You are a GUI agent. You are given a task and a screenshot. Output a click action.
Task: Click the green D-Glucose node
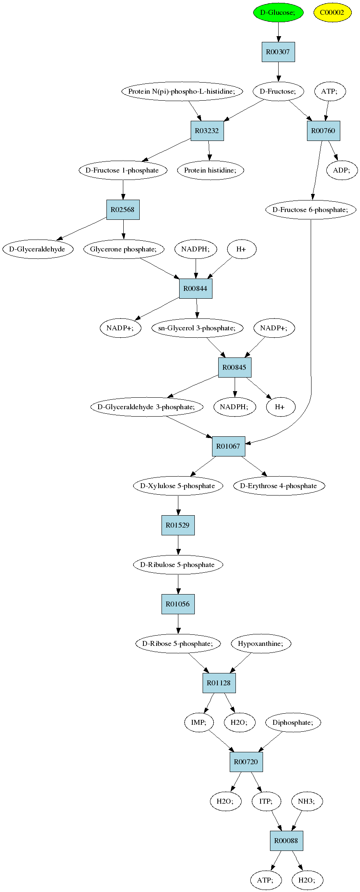click(x=278, y=12)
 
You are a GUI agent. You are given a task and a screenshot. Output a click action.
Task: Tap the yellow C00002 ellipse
click(x=332, y=12)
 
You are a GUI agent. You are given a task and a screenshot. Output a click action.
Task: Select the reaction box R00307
click(x=278, y=52)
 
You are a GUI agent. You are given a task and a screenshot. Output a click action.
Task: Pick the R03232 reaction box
click(x=207, y=131)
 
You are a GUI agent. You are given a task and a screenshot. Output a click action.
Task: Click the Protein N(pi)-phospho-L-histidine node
click(x=182, y=91)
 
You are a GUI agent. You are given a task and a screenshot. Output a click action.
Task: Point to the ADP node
click(x=342, y=170)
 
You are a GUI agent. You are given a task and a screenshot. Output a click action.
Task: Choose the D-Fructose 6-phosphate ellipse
click(x=310, y=210)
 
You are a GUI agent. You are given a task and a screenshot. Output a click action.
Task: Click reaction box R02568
click(x=123, y=210)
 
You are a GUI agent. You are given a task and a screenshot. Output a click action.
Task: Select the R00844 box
click(x=196, y=288)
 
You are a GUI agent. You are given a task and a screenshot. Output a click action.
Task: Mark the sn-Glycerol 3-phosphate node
click(x=197, y=328)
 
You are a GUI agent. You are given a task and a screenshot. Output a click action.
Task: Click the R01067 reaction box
click(x=228, y=446)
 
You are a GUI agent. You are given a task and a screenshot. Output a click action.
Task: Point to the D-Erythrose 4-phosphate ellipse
click(x=279, y=486)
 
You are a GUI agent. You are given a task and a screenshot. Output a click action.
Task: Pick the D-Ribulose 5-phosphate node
click(x=178, y=565)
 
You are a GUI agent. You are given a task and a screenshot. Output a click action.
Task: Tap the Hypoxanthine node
click(x=261, y=643)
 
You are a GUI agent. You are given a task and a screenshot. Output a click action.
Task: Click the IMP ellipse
click(x=199, y=722)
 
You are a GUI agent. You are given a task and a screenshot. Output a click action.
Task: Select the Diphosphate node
click(x=293, y=722)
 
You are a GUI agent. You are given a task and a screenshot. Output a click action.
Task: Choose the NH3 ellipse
click(x=307, y=801)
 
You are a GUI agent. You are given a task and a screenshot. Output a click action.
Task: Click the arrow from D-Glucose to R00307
click(x=278, y=32)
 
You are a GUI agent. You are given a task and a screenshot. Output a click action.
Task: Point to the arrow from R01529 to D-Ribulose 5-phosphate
click(x=178, y=545)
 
